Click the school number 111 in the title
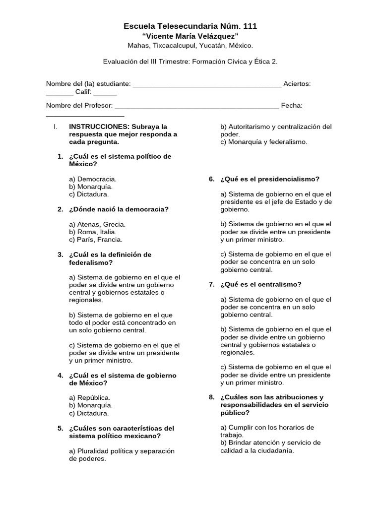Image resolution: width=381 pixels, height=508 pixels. click(x=250, y=26)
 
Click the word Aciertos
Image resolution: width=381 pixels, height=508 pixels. click(x=297, y=84)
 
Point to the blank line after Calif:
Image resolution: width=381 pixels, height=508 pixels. click(x=105, y=92)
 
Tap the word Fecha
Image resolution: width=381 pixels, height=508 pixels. click(x=292, y=106)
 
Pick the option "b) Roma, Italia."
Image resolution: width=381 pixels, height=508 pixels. click(x=93, y=232)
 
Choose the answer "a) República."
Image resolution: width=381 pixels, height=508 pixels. click(x=90, y=397)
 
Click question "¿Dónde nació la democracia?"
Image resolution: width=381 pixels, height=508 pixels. click(x=119, y=209)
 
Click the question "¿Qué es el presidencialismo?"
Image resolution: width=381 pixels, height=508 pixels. click(x=270, y=179)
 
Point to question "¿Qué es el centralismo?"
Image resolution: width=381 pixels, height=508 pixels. click(x=261, y=284)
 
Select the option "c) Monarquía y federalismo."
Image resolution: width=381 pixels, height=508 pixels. click(x=263, y=142)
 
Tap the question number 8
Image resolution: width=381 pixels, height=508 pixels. click(x=211, y=397)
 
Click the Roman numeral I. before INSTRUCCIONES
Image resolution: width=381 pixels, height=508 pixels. click(x=56, y=127)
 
